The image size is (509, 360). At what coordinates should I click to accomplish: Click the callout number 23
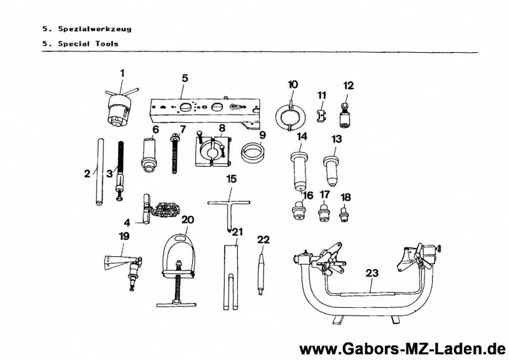372,273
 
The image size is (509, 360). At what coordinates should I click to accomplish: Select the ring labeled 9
253,153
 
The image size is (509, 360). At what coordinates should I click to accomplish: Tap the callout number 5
185,78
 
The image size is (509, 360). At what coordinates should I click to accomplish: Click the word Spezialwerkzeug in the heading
95,29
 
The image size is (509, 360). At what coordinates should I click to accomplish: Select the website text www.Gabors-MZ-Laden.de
401,349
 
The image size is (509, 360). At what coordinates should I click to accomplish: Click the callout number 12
348,85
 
